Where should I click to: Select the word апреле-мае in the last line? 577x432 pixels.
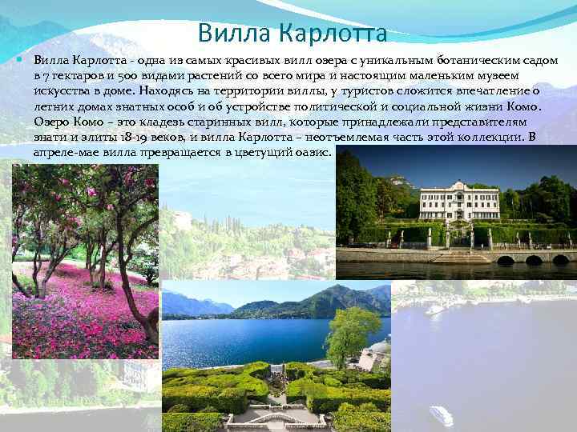(63, 152)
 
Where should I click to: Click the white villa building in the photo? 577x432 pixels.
(456, 202)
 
